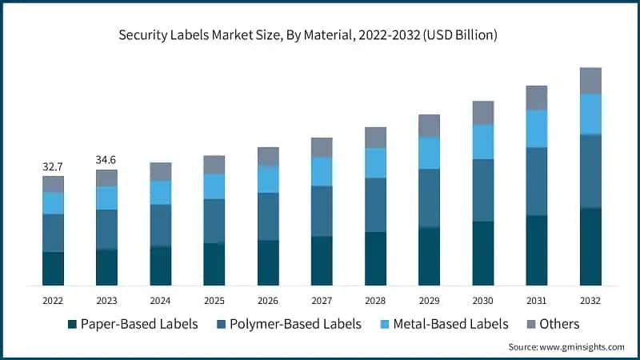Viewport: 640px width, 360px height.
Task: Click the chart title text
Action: click(x=320, y=35)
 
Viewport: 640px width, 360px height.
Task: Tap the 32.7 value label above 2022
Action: click(x=53, y=166)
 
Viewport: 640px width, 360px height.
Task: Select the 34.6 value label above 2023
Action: click(x=106, y=160)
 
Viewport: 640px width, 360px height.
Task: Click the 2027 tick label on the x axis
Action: click(x=322, y=300)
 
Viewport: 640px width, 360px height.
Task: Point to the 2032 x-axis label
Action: click(x=590, y=300)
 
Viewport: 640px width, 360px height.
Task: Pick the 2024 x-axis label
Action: click(x=160, y=300)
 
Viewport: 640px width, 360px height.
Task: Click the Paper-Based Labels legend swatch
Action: click(x=72, y=324)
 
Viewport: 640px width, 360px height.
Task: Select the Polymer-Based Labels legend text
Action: click(x=295, y=324)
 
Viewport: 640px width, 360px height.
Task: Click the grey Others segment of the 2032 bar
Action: click(x=590, y=80)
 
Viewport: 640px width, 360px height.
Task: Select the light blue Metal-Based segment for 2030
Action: click(x=482, y=142)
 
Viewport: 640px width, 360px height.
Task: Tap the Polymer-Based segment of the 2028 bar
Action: click(x=375, y=205)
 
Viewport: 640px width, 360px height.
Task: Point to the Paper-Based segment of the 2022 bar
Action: click(x=53, y=268)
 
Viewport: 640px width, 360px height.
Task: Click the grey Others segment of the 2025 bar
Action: click(x=214, y=165)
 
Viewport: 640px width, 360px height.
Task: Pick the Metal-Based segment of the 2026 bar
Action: click(x=268, y=179)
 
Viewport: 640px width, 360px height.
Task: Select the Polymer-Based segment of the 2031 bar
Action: click(x=536, y=182)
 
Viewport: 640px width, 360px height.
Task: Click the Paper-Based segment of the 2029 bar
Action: click(x=429, y=256)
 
